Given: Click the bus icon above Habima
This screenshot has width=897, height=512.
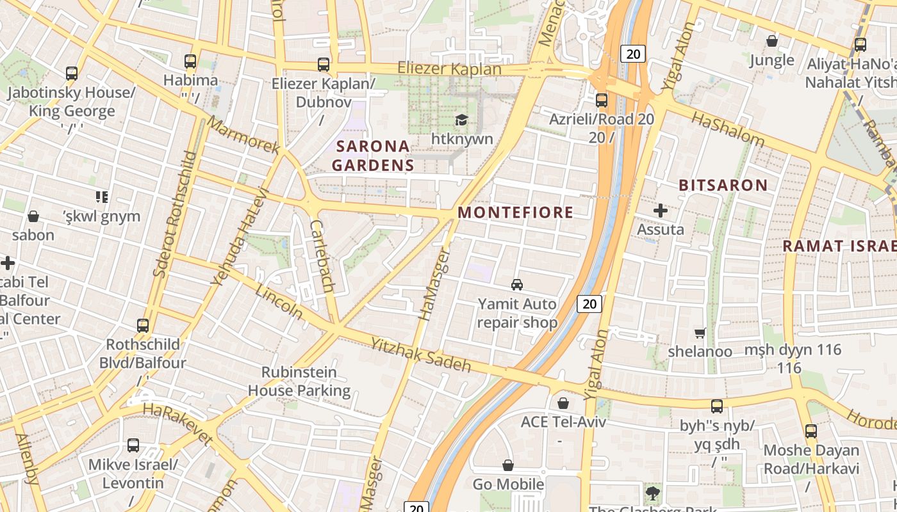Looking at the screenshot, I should pyautogui.click(x=190, y=61).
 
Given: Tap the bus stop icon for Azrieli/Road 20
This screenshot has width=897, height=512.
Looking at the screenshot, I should pyautogui.click(x=601, y=100).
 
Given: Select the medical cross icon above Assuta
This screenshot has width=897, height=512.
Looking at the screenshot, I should pyautogui.click(x=661, y=210).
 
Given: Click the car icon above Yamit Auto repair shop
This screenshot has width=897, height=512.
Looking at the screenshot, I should pyautogui.click(x=516, y=285).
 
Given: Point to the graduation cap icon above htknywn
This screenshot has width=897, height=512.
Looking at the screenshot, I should pyautogui.click(x=461, y=120).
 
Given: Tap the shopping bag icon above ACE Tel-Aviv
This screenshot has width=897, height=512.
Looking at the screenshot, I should pyautogui.click(x=563, y=403).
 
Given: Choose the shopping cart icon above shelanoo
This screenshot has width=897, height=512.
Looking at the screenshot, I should pyautogui.click(x=700, y=333).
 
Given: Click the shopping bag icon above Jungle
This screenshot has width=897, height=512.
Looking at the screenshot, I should pyautogui.click(x=772, y=42).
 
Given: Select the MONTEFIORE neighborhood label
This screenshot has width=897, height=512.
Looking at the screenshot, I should pyautogui.click(x=516, y=212).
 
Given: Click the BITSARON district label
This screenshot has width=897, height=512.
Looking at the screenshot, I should pyautogui.click(x=723, y=186).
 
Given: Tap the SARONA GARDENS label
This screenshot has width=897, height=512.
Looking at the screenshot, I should pyautogui.click(x=372, y=156).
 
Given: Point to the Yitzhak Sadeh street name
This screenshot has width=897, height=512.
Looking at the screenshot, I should pyautogui.click(x=421, y=355).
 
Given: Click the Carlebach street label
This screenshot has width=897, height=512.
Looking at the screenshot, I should pyautogui.click(x=322, y=256).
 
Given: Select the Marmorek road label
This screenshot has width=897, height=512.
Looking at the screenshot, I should pyautogui.click(x=243, y=135).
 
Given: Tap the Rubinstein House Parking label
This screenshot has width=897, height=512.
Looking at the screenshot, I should pyautogui.click(x=299, y=381).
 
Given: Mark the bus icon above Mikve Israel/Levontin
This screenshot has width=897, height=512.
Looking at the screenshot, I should pyautogui.click(x=133, y=445).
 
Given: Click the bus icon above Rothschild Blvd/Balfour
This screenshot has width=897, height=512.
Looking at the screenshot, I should pyautogui.click(x=143, y=326).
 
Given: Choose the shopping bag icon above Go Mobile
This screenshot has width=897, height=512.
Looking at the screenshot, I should pyautogui.click(x=508, y=465).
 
